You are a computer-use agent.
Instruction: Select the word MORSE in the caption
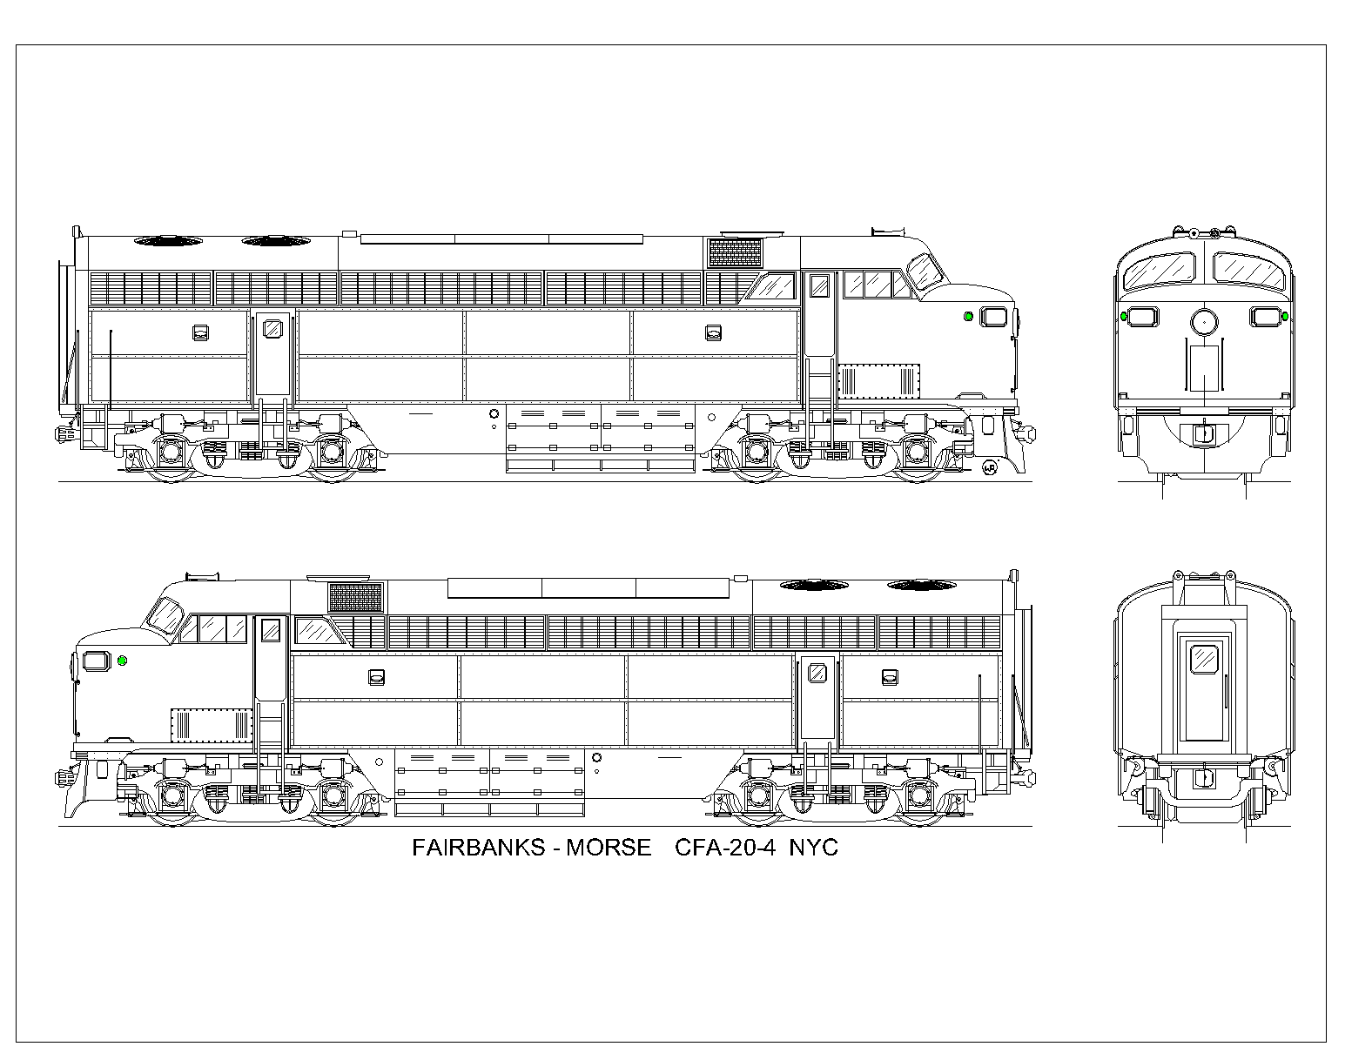tap(608, 848)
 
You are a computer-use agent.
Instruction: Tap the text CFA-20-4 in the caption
tap(724, 848)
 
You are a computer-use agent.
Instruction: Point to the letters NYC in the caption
tap(814, 848)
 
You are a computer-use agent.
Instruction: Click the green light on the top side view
tap(969, 316)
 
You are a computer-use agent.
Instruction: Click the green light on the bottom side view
tap(123, 661)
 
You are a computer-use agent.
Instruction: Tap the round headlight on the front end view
tap(1204, 322)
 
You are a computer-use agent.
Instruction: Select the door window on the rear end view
tap(1204, 659)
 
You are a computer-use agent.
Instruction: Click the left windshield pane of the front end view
tap(1160, 270)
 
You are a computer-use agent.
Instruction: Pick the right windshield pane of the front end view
tap(1249, 270)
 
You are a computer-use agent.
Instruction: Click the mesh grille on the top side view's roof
tap(735, 252)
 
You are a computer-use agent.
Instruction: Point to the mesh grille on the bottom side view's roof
tap(355, 598)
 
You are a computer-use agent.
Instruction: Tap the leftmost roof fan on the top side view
tap(169, 240)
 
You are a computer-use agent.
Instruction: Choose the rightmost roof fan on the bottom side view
tap(921, 586)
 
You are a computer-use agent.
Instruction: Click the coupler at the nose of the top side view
tap(1026, 434)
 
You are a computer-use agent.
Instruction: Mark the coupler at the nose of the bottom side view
tap(64, 778)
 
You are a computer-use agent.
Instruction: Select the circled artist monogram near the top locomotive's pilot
tap(989, 467)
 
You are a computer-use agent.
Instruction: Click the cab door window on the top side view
tap(819, 285)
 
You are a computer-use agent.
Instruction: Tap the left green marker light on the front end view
tap(1124, 315)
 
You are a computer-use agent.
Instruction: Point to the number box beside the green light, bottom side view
tap(97, 661)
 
